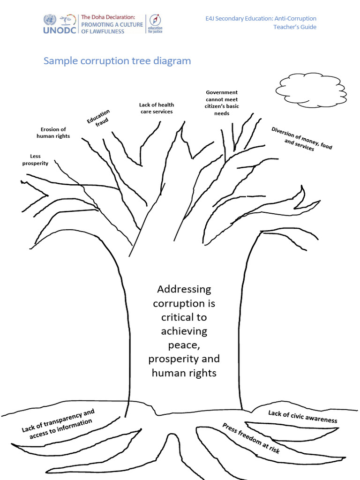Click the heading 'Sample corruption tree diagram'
click(117, 61)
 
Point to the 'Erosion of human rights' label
click(53, 133)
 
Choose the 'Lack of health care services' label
click(156, 108)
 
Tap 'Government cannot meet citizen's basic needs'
click(222, 103)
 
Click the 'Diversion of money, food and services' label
click(301, 139)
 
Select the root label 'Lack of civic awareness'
click(302, 416)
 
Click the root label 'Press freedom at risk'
click(251, 438)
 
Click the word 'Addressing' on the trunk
click(184, 289)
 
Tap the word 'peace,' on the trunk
click(184, 345)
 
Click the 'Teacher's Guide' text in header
click(295, 27)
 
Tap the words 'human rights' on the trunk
click(184, 373)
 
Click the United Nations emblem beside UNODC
click(50, 19)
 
